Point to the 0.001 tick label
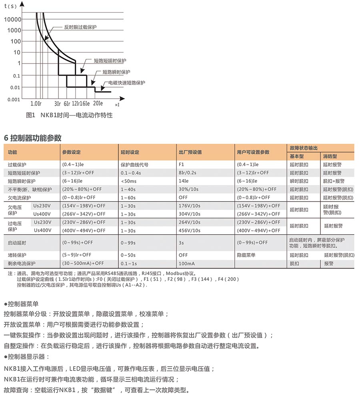tap(14, 99)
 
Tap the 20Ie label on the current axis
tap(98, 104)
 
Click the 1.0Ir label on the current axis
tap(36, 104)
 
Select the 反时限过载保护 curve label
tap(80, 27)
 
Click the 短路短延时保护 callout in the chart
tap(110, 60)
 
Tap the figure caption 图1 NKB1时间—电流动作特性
tap(69, 115)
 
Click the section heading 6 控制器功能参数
tap(32, 138)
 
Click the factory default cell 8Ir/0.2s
tap(190, 173)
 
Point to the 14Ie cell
tap(184, 181)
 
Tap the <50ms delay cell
tap(128, 181)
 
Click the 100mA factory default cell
tap(187, 263)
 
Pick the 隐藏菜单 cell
tap(246, 255)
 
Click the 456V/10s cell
tap(190, 231)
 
